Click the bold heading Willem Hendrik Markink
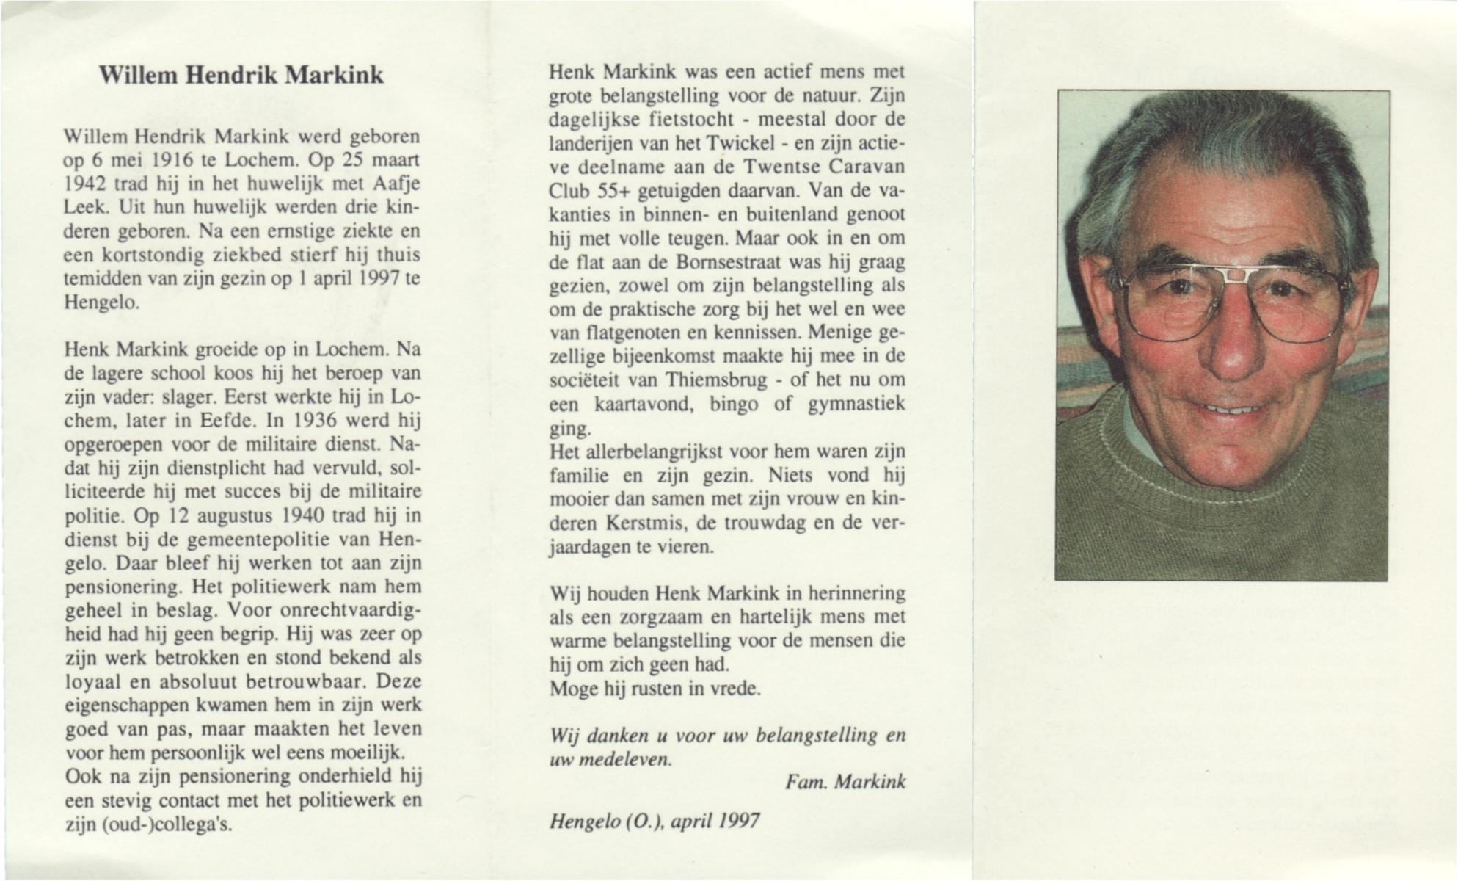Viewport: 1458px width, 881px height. [x=241, y=76]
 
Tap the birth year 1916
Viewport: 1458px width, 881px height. [x=172, y=161]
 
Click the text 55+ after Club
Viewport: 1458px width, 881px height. [x=615, y=191]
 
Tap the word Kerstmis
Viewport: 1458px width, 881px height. [x=645, y=523]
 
